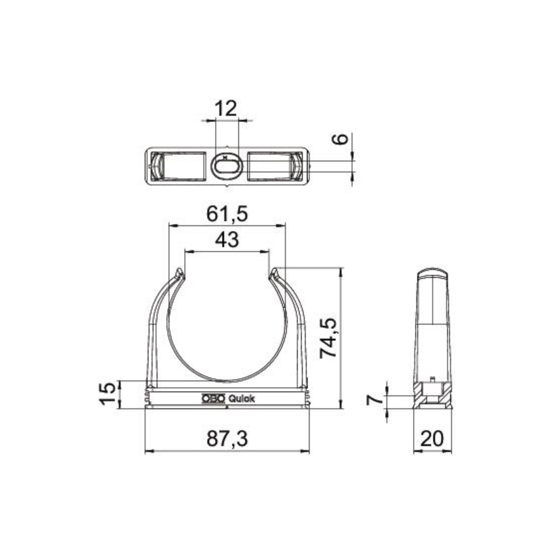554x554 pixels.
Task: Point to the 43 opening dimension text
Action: pos(227,240)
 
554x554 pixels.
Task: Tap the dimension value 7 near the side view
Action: pos(375,399)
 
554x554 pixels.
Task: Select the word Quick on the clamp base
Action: pos(241,399)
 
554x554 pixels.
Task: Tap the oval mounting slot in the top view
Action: pos(227,166)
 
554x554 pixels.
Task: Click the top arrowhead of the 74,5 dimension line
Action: pos(340,271)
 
